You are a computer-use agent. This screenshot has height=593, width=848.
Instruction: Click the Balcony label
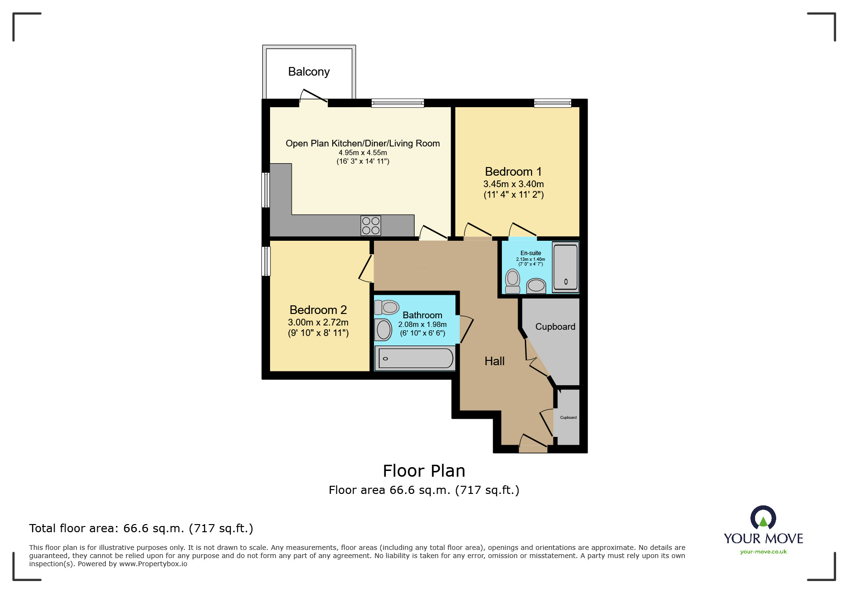(x=309, y=72)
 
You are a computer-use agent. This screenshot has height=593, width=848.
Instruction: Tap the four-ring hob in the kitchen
(x=371, y=226)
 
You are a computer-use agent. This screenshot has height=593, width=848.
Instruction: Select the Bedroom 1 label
(x=513, y=172)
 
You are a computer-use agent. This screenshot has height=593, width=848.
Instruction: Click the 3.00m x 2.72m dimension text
(x=318, y=323)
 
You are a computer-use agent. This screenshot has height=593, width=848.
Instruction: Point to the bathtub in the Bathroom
(x=415, y=358)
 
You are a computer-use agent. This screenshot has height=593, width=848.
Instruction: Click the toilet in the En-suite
(x=513, y=281)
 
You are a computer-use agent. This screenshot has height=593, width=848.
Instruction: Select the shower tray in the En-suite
(x=565, y=267)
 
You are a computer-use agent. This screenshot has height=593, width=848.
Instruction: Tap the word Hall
(x=495, y=361)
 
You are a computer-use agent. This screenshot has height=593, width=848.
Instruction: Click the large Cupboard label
(x=555, y=327)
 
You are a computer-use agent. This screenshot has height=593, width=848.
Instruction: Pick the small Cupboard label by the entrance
(x=568, y=417)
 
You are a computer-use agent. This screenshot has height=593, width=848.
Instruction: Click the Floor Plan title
(x=424, y=471)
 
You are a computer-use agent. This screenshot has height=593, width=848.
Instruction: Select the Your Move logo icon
(x=763, y=518)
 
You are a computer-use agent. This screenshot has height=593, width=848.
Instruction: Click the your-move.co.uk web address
(x=763, y=552)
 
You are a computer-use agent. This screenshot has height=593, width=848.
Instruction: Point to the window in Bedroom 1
(x=553, y=103)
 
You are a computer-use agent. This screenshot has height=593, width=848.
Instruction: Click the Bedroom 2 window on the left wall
(x=266, y=261)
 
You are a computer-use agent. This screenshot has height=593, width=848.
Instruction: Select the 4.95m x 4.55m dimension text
(x=362, y=153)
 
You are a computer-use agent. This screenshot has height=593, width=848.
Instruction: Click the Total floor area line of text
(x=141, y=528)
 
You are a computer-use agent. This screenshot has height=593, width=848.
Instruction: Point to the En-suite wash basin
(x=536, y=286)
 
